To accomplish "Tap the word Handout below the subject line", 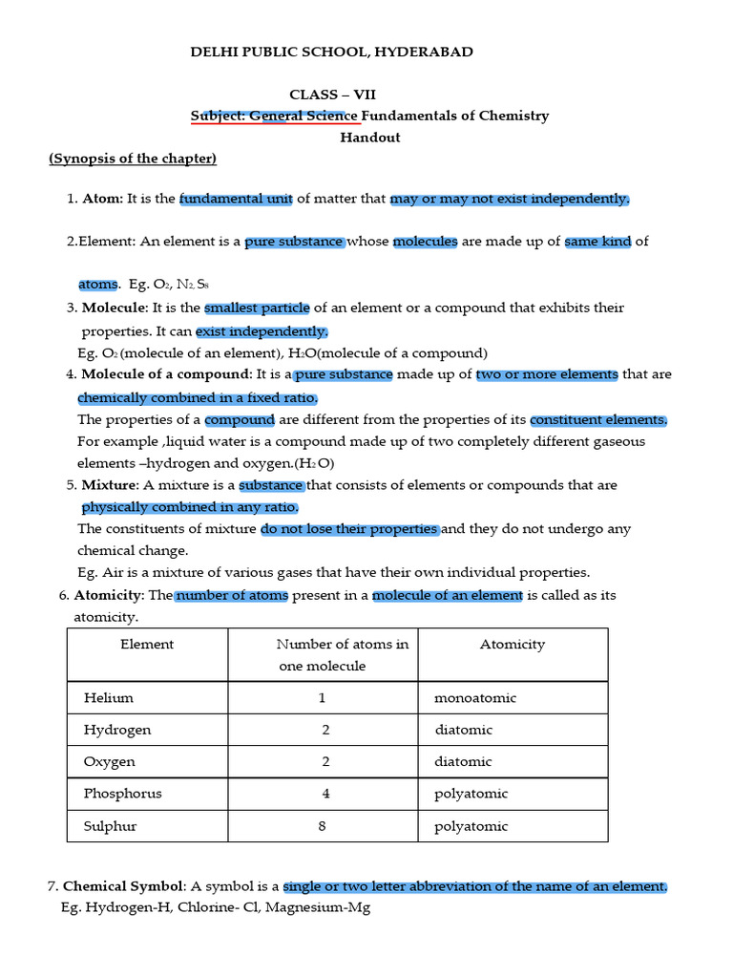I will coord(370,138).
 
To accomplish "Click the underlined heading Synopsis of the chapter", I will coord(134,159).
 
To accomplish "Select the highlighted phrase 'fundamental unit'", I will coord(236,199).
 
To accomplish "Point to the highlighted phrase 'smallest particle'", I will coord(257,308).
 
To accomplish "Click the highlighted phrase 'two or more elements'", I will coord(547,374).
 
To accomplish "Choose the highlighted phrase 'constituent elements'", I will coord(598,420).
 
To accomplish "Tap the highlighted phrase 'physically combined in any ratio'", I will coord(190,507).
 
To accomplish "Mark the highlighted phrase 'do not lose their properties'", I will coord(349,529).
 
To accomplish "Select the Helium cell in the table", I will coord(109,698).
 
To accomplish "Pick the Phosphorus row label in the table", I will coord(123,794).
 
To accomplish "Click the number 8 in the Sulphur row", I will coord(323,826).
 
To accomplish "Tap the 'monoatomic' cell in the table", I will coord(475,698).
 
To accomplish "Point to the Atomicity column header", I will coord(513,645).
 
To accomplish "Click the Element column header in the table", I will coord(147,645).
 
